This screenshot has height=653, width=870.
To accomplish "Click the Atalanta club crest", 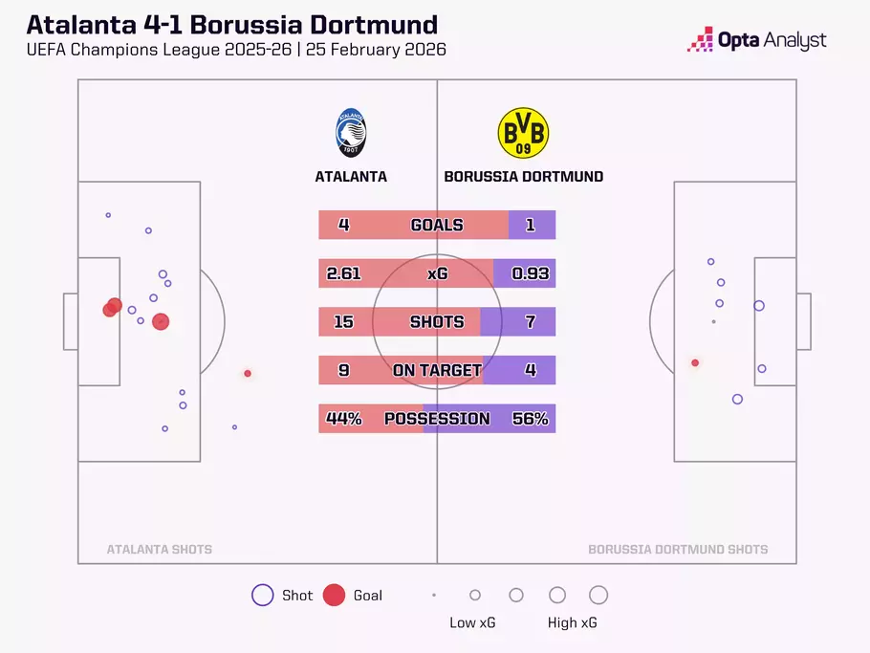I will (351, 133).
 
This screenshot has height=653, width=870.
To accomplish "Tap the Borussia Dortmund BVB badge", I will (523, 133).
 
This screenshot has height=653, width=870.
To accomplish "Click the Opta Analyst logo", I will (757, 40).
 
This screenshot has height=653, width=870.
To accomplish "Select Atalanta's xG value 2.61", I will (343, 273).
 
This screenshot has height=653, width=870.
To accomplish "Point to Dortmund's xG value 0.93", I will (531, 273).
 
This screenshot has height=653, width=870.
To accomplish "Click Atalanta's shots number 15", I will (343, 322).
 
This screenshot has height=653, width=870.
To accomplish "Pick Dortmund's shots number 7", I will (531, 322).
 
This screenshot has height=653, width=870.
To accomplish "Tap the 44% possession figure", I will (343, 419).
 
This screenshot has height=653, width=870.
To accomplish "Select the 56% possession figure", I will (531, 419).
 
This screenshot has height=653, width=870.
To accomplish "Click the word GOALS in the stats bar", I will (437, 226).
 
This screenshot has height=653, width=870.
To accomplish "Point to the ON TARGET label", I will (437, 371).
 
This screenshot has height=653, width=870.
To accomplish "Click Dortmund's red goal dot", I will (695, 362).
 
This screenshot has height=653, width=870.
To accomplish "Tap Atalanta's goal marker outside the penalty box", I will (248, 374).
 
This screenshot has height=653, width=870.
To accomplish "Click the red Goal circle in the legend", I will (334, 595).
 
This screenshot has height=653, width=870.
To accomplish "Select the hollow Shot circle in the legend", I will (262, 595).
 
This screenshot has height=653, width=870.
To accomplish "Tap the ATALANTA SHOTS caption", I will (160, 550).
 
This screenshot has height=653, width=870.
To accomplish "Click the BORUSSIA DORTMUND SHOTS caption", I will (678, 550).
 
